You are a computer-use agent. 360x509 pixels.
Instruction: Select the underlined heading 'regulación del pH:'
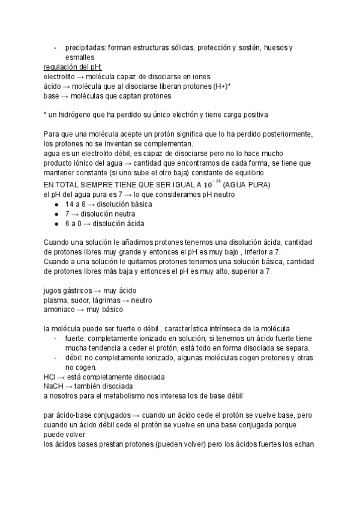point(73,67)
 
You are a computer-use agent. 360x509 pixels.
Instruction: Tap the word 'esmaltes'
point(80,57)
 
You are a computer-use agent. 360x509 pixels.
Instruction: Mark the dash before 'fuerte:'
point(55,339)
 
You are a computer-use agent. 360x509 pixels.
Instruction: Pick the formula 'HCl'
point(50,377)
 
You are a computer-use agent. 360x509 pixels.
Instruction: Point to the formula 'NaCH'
point(53,387)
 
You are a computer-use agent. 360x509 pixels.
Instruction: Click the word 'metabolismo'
point(130,396)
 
